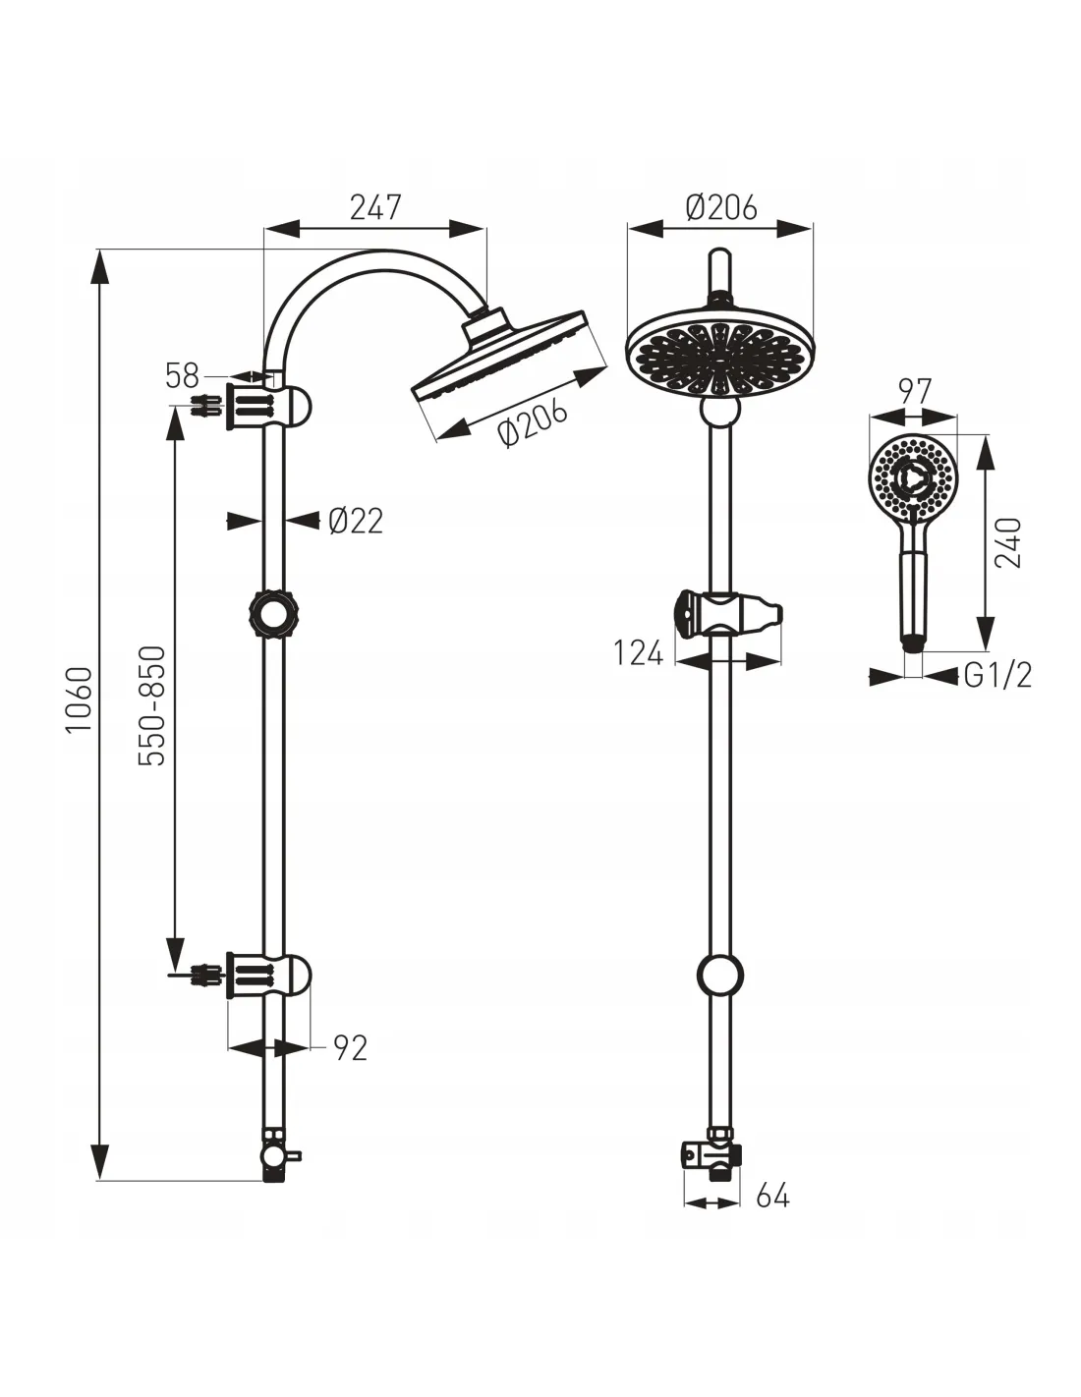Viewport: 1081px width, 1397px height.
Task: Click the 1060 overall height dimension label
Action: coord(81,698)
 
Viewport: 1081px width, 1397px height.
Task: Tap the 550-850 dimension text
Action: coord(152,705)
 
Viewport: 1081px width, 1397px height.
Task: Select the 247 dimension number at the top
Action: coord(375,207)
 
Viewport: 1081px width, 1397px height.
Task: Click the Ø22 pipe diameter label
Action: coord(356,520)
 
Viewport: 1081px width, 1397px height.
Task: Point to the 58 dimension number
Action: coord(183,375)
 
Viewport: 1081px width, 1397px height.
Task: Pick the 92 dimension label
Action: coord(351,1047)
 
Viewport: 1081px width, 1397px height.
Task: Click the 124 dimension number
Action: coord(638,653)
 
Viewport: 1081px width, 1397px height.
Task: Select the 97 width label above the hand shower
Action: coord(913,392)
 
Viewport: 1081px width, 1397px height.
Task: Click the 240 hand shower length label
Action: coord(1007,542)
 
